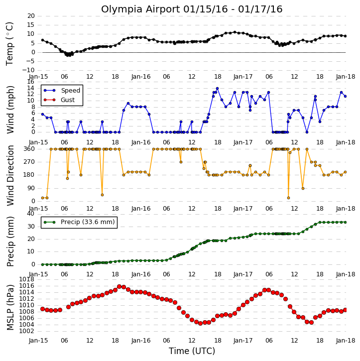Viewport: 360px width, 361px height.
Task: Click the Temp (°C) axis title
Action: pos(9,44)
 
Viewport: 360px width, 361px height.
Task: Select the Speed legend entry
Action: pos(62,91)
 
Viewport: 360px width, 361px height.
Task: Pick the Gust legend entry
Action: pos(59,100)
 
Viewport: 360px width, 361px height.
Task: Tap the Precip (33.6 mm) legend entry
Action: pos(79,222)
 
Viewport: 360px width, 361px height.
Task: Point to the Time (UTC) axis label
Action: pos(192,351)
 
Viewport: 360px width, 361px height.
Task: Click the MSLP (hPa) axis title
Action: pos(10,307)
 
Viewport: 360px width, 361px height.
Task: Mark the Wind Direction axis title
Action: pos(10,175)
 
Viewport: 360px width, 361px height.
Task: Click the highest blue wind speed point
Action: pos(217,89)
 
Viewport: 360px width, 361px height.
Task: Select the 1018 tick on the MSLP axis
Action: pos(26,279)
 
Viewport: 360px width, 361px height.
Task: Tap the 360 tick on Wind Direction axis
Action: pos(29,149)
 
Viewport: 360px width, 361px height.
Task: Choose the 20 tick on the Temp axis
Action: pos(31,16)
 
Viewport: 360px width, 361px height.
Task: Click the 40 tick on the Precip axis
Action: pos(31,214)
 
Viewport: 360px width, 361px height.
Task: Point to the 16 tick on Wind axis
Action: pos(31,82)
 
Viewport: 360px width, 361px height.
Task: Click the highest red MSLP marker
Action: pos(119,287)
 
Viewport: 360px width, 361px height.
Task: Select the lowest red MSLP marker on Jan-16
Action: pos(200,323)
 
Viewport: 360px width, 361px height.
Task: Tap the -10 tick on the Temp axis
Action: pos(28,70)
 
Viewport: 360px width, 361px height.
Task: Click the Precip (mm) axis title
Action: pos(10,241)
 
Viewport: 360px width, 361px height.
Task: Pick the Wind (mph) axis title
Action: pos(10,110)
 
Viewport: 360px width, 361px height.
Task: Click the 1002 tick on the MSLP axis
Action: pos(26,331)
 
